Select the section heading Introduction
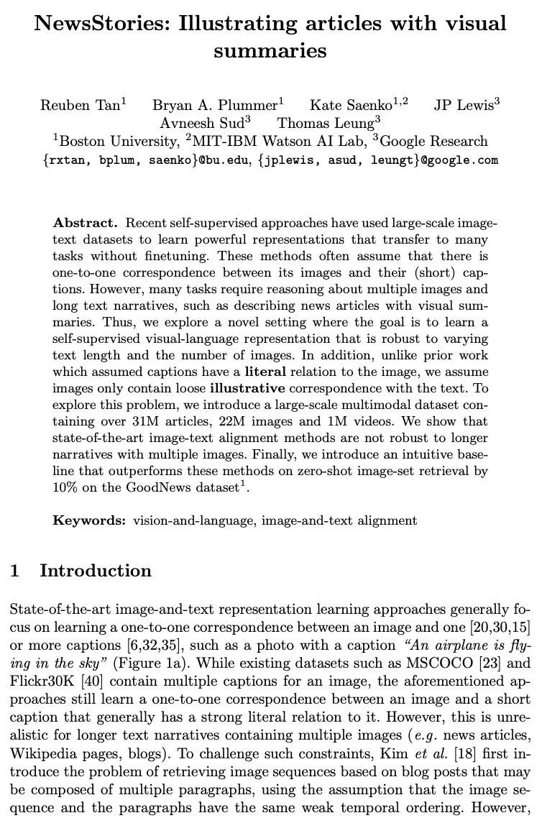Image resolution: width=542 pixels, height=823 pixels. coord(96,571)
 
